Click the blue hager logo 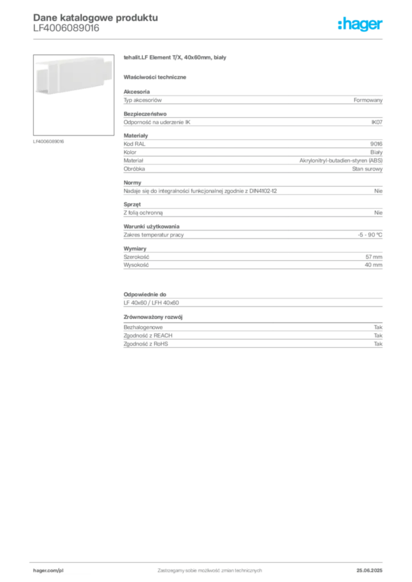click(361, 25)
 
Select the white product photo click(71, 76)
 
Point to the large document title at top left click(94, 17)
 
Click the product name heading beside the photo click(175, 59)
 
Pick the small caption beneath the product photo click(50, 142)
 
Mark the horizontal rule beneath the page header click(209, 38)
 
